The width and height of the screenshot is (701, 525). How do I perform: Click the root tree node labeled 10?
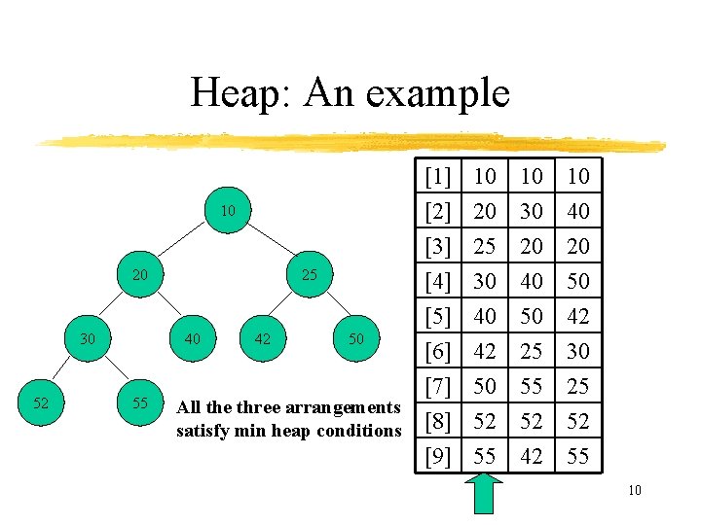[x=227, y=211]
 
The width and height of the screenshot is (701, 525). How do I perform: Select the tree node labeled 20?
[x=140, y=275]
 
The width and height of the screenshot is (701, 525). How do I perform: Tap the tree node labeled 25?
[x=310, y=275]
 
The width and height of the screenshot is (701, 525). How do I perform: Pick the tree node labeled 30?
[x=88, y=338]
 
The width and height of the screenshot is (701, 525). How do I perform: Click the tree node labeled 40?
[x=192, y=338]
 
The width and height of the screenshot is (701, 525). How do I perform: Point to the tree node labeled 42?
[x=262, y=338]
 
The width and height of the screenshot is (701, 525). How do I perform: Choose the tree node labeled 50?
[x=356, y=338]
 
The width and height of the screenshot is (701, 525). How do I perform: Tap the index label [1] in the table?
[x=438, y=176]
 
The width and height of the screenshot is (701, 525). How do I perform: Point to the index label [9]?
[x=438, y=456]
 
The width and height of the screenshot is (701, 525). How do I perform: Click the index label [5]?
[x=438, y=316]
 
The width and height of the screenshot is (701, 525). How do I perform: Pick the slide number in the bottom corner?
[x=634, y=490]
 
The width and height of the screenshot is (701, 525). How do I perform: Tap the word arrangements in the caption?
[x=342, y=408]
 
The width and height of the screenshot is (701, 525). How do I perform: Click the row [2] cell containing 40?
[x=578, y=211]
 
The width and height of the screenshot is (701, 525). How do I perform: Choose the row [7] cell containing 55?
[x=532, y=386]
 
